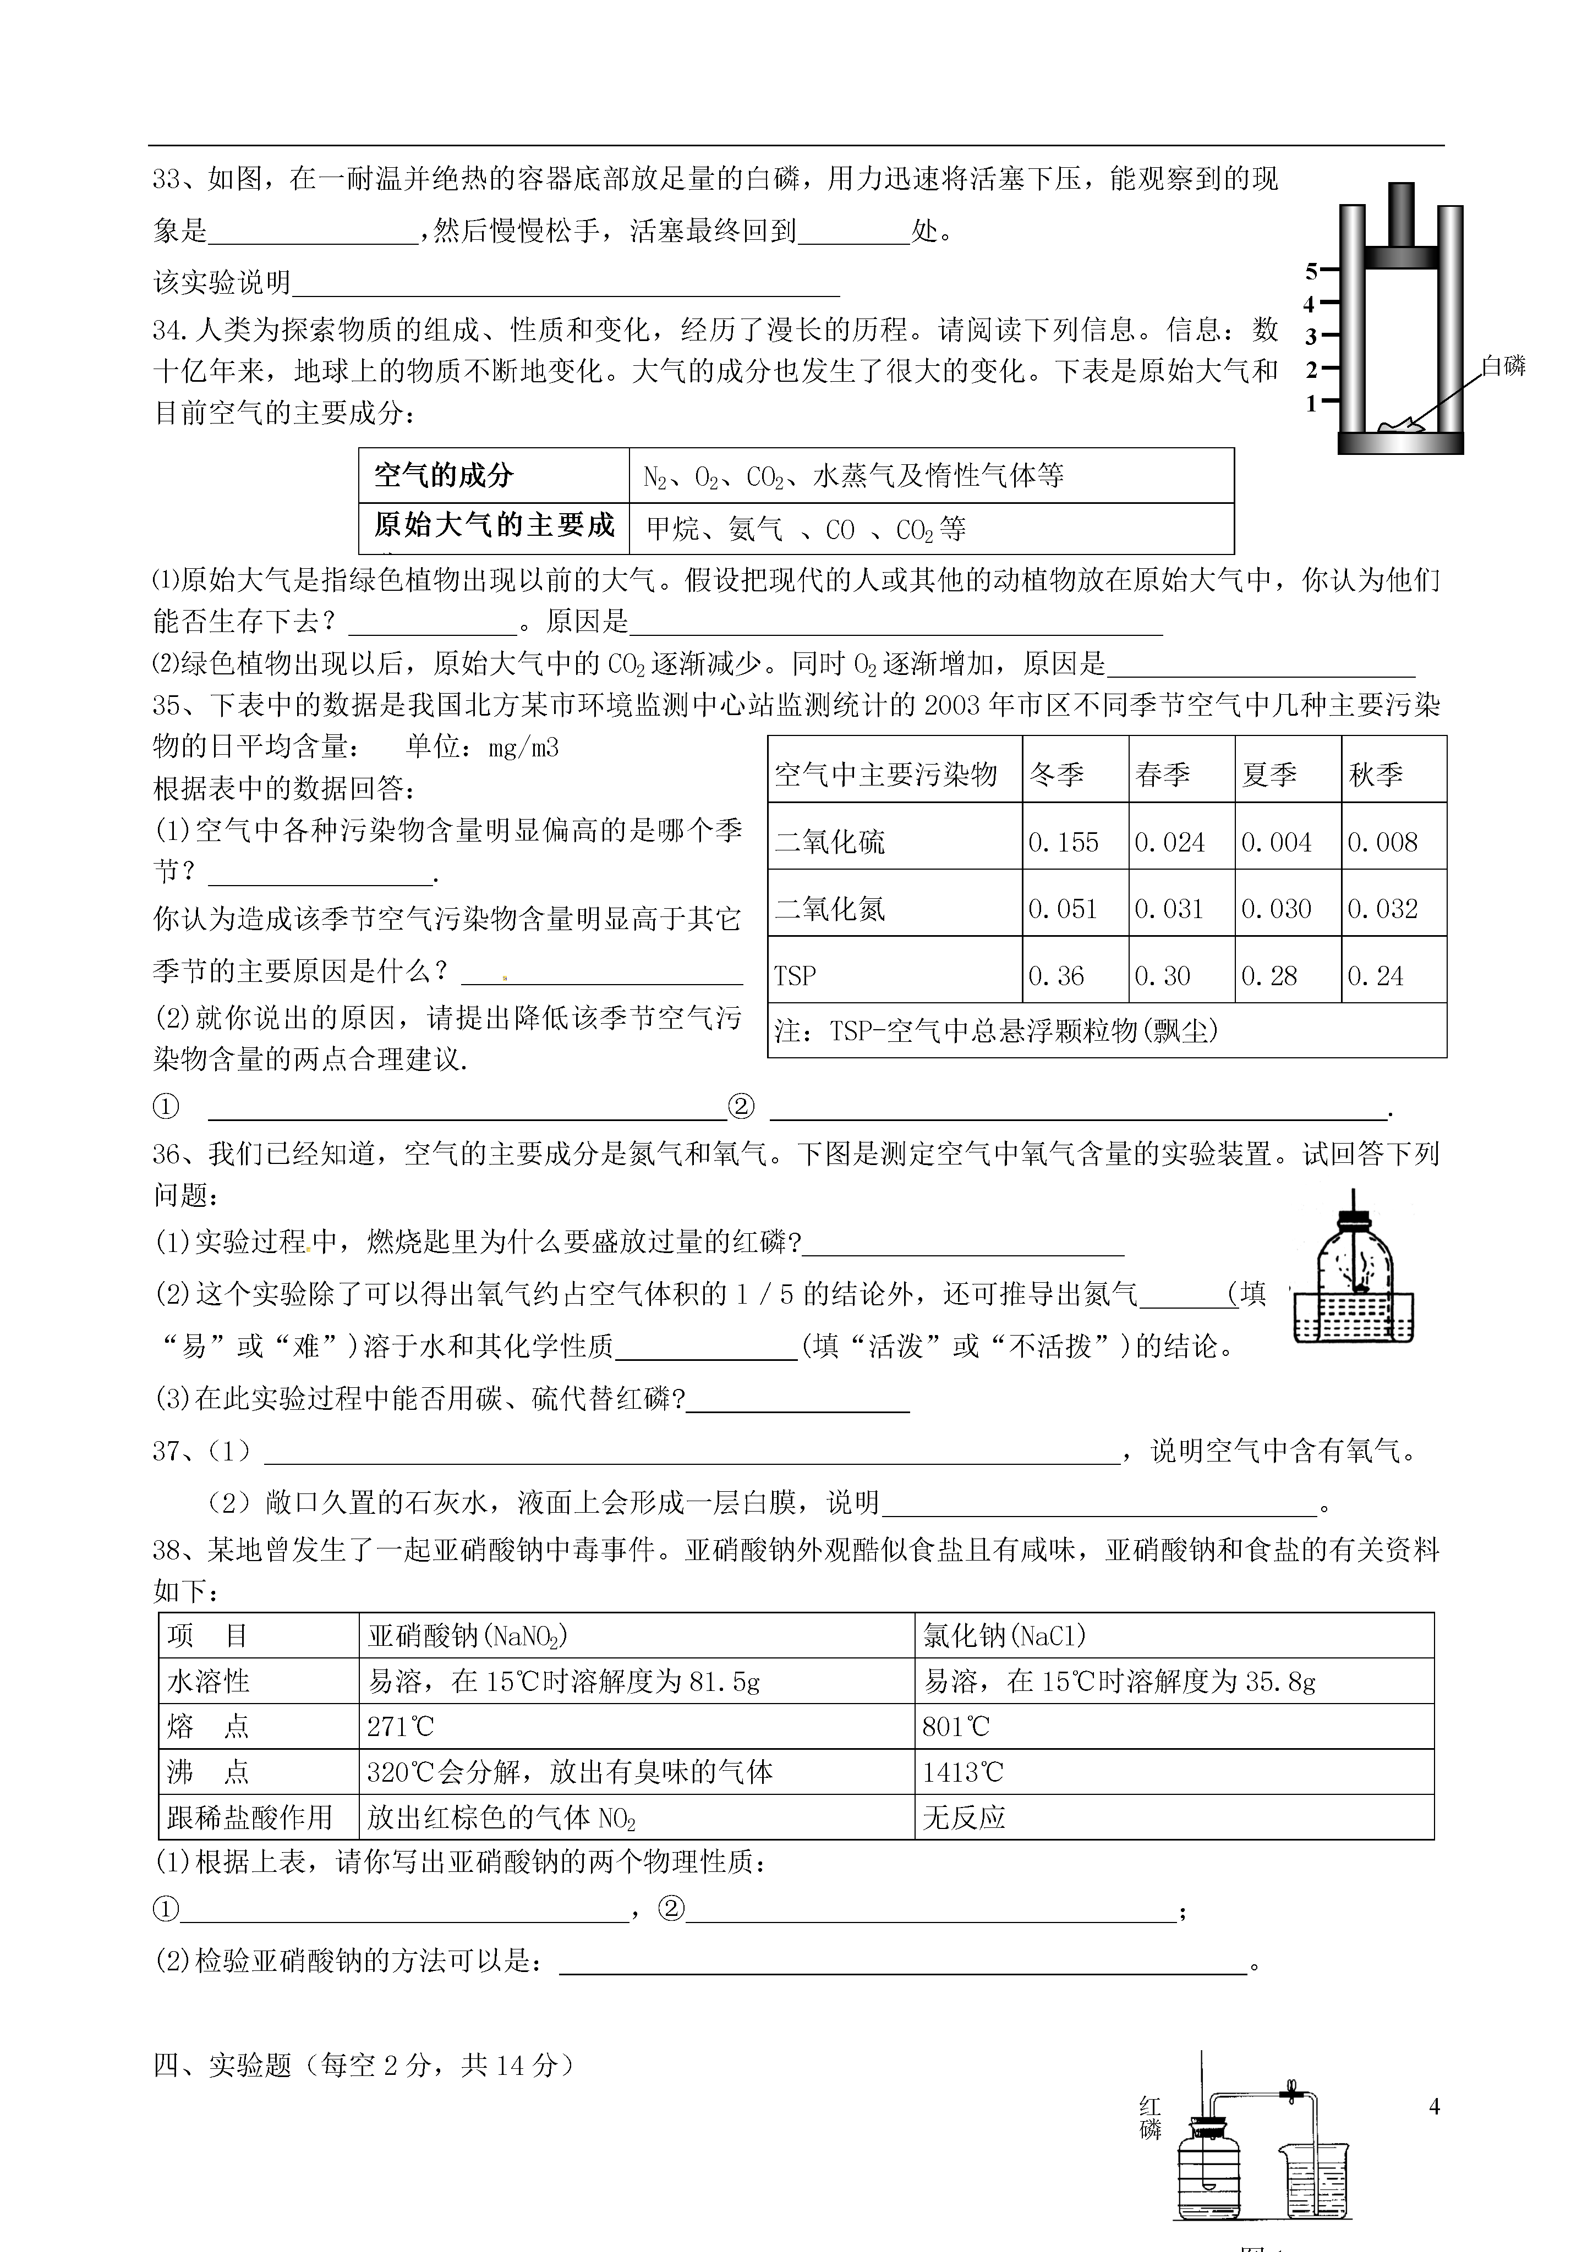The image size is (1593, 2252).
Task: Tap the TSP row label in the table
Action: pyautogui.click(x=795, y=976)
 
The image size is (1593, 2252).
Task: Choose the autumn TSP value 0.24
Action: pyautogui.click(x=1375, y=976)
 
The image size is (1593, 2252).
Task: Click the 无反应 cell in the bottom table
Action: pyautogui.click(x=964, y=1817)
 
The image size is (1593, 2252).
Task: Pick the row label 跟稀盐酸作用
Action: pyautogui.click(x=250, y=1817)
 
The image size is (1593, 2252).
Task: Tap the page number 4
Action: pyautogui.click(x=1434, y=2106)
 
